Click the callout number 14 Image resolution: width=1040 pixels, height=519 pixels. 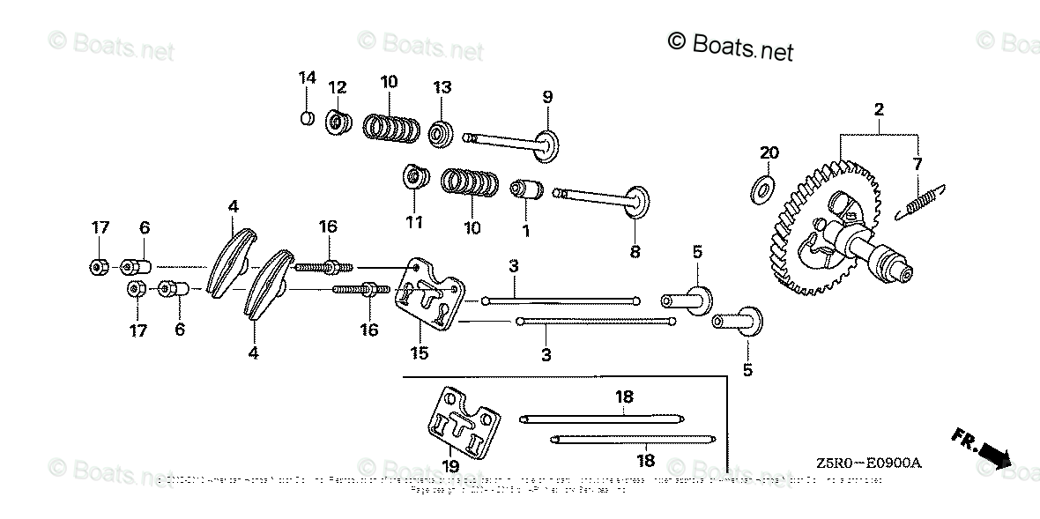click(306, 78)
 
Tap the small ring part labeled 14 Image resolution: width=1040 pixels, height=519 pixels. click(306, 118)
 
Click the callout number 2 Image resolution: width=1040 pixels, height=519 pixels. click(879, 109)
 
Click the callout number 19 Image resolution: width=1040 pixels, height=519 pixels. click(450, 465)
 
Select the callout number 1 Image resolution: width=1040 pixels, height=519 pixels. click(525, 232)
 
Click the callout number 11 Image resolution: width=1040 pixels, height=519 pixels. click(413, 221)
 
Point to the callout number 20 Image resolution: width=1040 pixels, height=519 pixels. click(769, 152)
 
